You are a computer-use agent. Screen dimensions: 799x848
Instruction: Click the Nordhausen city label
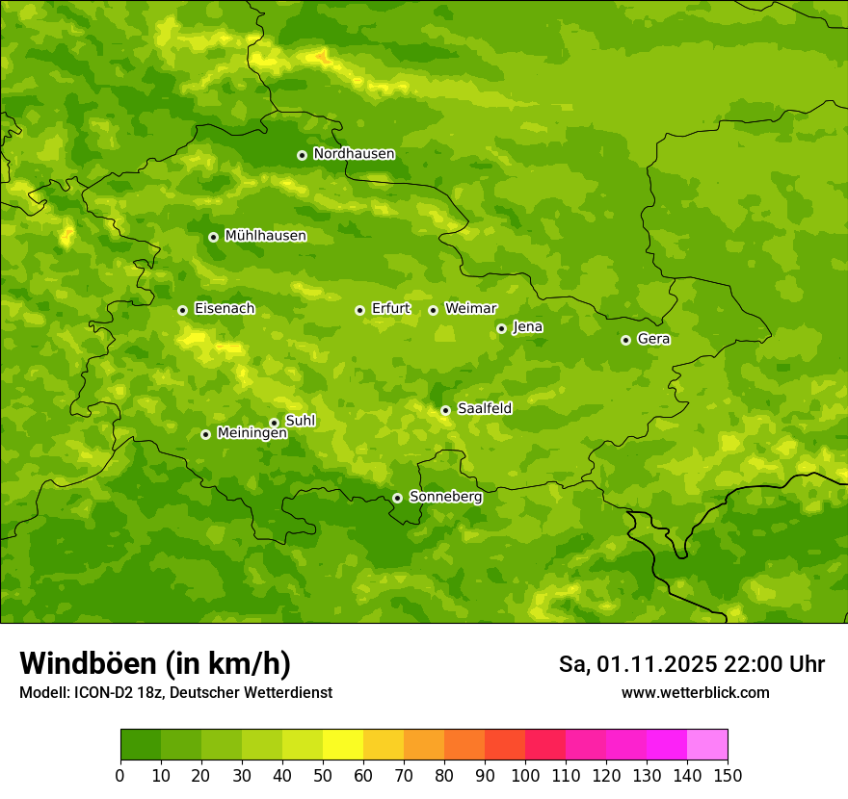[x=354, y=154]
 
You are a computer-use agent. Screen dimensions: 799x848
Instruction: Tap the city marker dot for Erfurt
[x=359, y=310]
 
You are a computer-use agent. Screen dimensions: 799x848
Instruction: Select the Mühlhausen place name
[x=265, y=236]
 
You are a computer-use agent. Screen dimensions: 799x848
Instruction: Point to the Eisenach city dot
[x=182, y=310]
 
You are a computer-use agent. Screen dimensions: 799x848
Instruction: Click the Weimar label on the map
[x=470, y=309]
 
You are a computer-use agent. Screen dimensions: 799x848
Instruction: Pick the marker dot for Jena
[x=501, y=328]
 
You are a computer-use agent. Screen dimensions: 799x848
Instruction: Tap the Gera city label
[x=653, y=339]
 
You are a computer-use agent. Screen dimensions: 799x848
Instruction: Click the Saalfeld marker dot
[x=445, y=410]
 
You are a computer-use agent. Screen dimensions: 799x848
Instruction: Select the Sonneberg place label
[x=445, y=497]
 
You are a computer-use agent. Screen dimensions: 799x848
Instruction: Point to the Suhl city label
[x=301, y=421]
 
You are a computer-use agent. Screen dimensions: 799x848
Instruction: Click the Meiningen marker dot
[x=205, y=434]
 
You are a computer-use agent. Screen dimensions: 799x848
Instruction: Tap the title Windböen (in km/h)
[x=155, y=663]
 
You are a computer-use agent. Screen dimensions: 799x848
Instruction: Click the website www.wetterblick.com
[x=695, y=693]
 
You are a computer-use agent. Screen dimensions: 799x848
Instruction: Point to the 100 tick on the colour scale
[x=525, y=775]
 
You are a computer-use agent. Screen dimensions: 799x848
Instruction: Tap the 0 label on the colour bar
[x=120, y=775]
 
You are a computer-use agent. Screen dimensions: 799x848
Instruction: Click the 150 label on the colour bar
[x=728, y=775]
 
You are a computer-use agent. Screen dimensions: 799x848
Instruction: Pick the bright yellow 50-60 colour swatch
[x=343, y=745]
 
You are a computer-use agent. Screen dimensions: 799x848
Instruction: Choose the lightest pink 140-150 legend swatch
[x=707, y=745]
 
